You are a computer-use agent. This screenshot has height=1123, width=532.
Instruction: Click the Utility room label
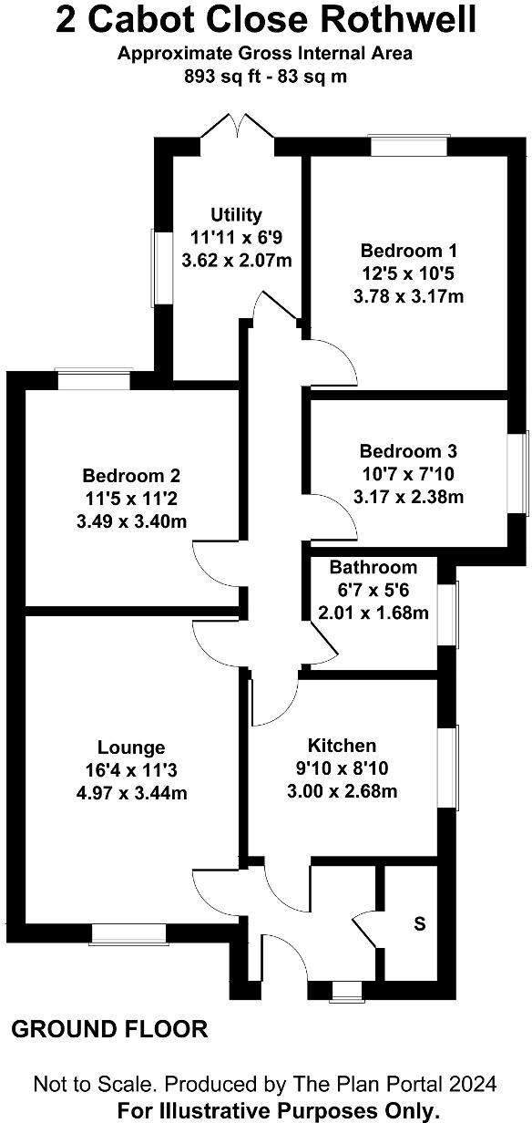(236, 215)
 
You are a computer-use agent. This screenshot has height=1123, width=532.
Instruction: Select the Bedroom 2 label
(131, 476)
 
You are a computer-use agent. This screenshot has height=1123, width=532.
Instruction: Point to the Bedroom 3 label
(408, 451)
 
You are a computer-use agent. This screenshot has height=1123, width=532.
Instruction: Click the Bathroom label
(373, 567)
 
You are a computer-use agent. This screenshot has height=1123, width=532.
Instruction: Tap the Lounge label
(132, 748)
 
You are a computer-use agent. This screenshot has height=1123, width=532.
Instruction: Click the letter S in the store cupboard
(419, 923)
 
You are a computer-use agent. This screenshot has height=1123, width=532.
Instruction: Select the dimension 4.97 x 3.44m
(132, 794)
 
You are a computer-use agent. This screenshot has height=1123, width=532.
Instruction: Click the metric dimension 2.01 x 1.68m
(373, 613)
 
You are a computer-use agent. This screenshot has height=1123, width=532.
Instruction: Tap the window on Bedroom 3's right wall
(524, 473)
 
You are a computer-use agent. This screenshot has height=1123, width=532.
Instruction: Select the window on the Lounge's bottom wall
(128, 934)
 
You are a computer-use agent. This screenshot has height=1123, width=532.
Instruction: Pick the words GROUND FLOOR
(109, 1030)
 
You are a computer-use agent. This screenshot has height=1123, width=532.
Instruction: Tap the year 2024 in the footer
(471, 1084)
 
